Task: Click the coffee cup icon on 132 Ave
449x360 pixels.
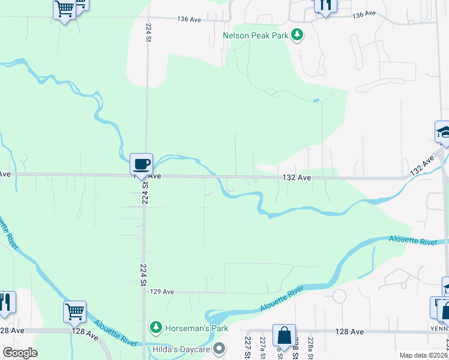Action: click(x=141, y=164)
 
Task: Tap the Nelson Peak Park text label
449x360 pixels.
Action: click(x=256, y=35)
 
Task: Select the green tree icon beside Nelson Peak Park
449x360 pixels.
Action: click(x=297, y=35)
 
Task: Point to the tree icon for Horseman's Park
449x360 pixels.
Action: click(x=156, y=327)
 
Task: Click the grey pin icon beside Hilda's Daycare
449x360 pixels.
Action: click(x=220, y=348)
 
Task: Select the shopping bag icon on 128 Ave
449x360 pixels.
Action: click(x=284, y=335)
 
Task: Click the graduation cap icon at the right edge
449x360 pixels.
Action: click(x=442, y=132)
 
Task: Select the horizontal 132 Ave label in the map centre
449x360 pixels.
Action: click(x=297, y=178)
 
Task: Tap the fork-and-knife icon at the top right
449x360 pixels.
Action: click(x=325, y=5)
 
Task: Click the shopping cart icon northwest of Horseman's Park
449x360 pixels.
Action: click(x=74, y=311)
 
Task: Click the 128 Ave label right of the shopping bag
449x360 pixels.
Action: click(x=349, y=331)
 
